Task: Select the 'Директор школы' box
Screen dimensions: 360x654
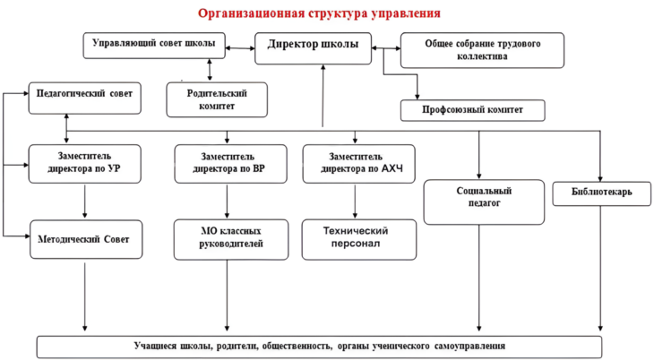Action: click(x=313, y=47)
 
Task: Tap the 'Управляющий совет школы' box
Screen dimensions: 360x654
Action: click(x=153, y=45)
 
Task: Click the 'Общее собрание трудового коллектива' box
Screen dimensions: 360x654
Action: click(x=482, y=50)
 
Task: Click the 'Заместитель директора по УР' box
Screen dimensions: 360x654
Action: click(x=86, y=164)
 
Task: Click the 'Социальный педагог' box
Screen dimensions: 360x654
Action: click(x=484, y=201)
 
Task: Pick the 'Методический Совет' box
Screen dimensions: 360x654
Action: click(x=86, y=239)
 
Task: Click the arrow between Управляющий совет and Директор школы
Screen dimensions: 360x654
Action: click(x=240, y=46)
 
